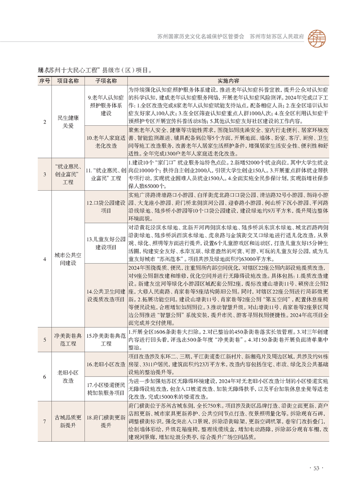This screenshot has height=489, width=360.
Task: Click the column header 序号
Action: (44, 80)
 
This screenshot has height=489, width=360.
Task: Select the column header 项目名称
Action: (68, 80)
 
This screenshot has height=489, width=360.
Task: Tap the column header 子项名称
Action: (106, 80)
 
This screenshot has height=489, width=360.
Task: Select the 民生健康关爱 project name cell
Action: (68, 121)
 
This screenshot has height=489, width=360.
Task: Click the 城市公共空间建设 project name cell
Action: (68, 259)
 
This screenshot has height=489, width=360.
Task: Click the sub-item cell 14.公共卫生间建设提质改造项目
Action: (106, 295)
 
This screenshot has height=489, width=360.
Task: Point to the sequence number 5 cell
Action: (44, 339)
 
